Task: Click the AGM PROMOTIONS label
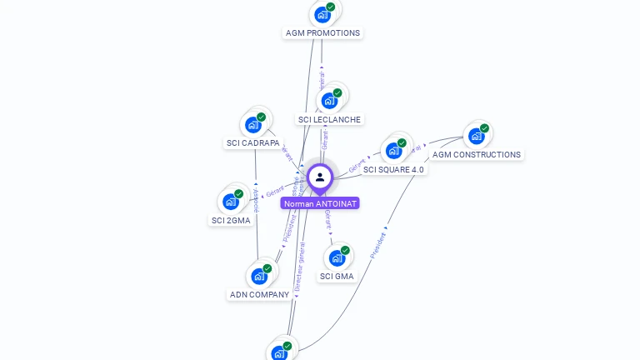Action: point(322,33)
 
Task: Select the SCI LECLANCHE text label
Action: point(329,120)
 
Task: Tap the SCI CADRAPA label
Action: point(253,143)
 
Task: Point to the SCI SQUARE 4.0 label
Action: point(393,170)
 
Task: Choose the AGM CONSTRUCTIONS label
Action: point(477,155)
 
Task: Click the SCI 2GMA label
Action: point(231,221)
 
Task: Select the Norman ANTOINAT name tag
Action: point(320,203)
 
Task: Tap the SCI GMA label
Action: point(337,277)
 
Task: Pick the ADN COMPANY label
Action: point(259,295)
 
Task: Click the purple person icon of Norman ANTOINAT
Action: point(320,177)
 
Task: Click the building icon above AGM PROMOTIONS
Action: point(322,14)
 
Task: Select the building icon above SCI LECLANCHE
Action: point(330,101)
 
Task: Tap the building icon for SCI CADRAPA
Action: point(253,125)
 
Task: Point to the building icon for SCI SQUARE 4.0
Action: point(394,151)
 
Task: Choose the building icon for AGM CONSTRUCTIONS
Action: point(477,136)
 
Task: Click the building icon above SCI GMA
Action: point(337,257)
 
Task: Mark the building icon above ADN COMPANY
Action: point(259,276)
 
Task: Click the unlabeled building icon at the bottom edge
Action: point(280,352)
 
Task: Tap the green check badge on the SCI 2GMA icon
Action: point(239,194)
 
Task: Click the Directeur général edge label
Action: point(298,265)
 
